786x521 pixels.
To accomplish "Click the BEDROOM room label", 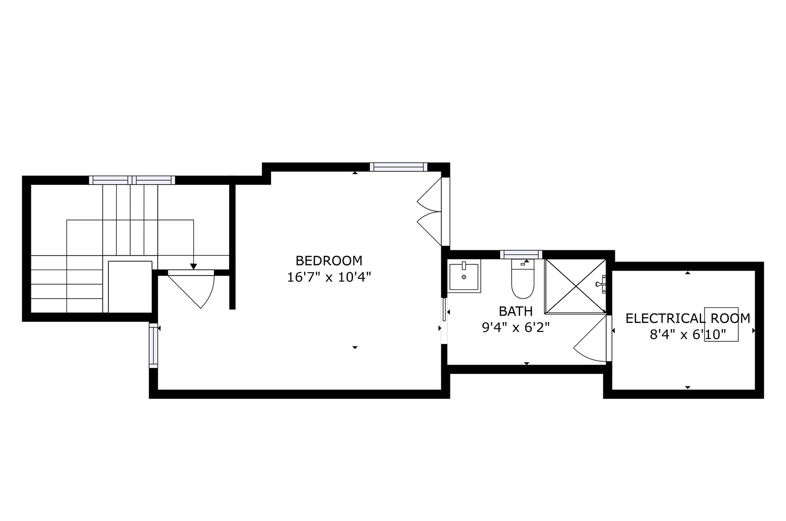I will tap(329, 261).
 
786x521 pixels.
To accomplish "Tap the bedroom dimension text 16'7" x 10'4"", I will tap(329, 277).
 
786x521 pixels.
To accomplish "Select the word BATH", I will tap(515, 311).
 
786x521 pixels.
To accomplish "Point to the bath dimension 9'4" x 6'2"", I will tap(515, 328).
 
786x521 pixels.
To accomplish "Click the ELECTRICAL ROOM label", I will tap(688, 318).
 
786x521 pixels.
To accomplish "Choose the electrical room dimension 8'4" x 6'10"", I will tap(688, 334).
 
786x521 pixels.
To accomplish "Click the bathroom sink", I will tap(464, 276).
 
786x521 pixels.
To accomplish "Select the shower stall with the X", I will tap(575, 286).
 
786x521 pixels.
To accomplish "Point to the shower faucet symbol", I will tap(601, 284).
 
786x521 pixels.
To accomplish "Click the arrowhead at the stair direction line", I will tap(193, 266).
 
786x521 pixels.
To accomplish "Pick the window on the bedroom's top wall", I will tap(399, 167).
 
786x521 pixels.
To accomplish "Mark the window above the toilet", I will tap(521, 254).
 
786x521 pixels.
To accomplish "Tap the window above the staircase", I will tap(132, 180).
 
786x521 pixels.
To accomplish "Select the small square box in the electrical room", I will tap(721, 324).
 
